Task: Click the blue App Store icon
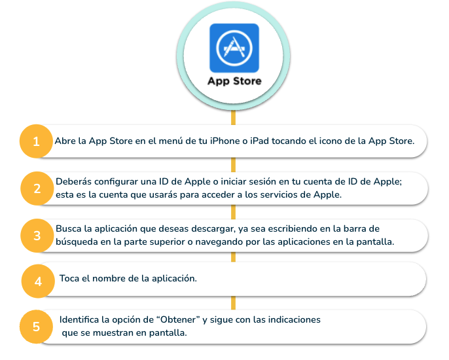[x=234, y=48]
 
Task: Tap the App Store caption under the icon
[x=234, y=81]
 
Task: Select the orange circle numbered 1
[x=36, y=141]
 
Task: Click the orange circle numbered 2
[x=37, y=189]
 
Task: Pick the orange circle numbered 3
[x=37, y=236]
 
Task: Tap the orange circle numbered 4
[x=38, y=281]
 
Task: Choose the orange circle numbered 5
[x=36, y=327]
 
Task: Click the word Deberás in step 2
[x=74, y=181]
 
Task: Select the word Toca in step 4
[x=69, y=278]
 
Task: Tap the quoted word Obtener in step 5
[x=178, y=319]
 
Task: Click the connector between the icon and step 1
[x=234, y=118]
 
